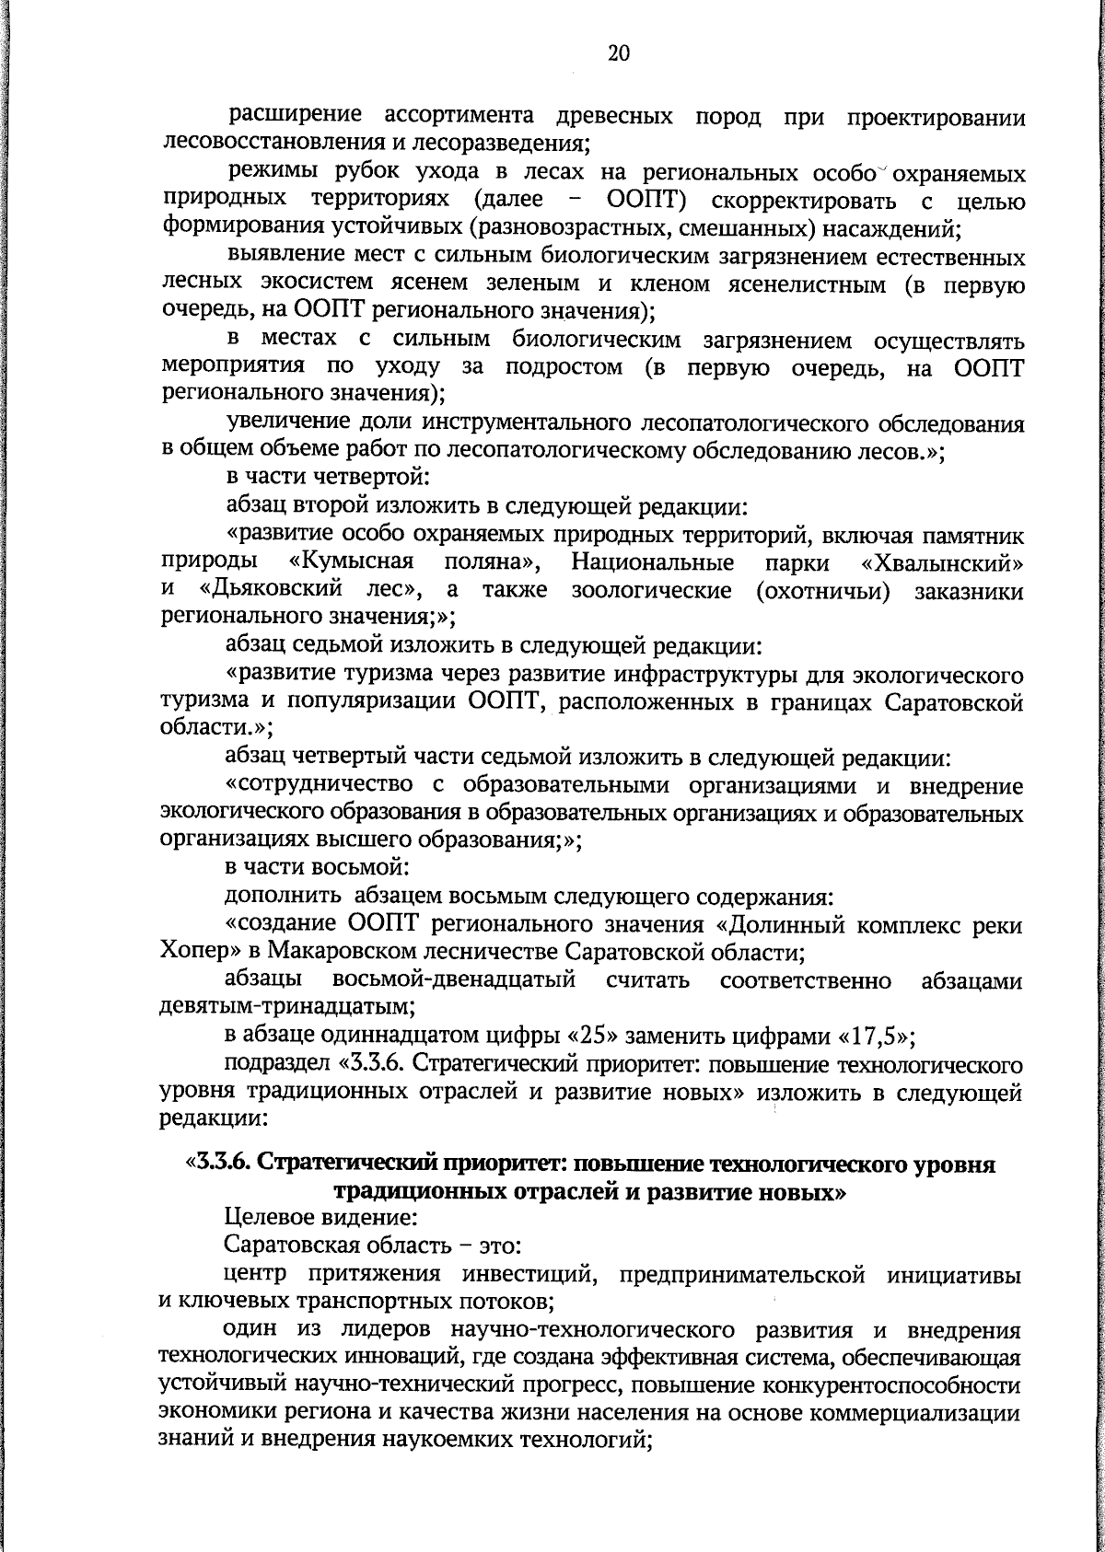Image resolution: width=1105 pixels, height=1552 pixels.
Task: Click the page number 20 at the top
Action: point(619,53)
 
